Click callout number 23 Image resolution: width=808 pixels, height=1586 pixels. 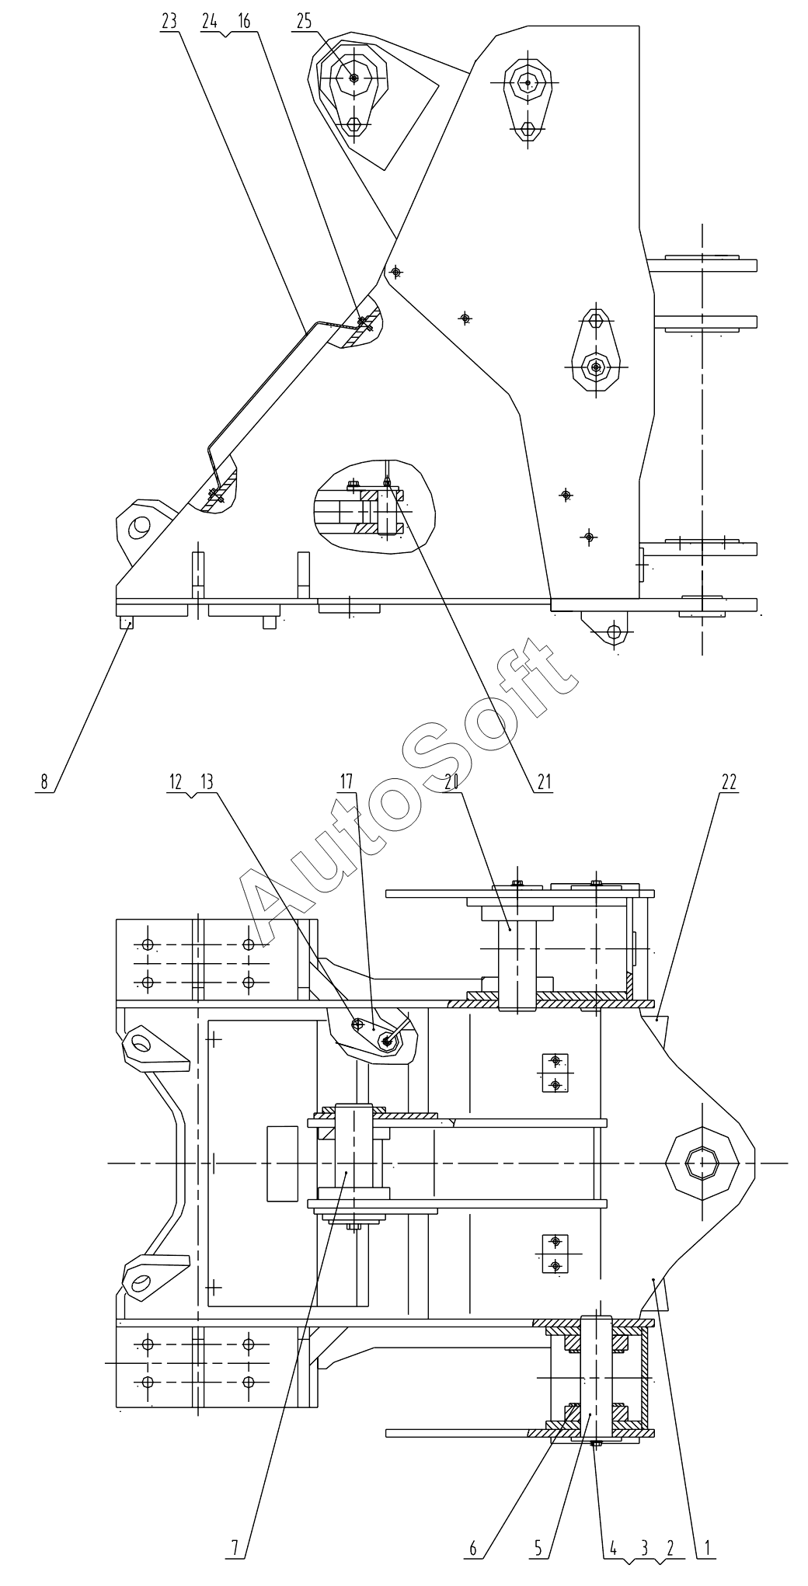click(x=169, y=21)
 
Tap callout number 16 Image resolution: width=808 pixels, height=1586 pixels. click(x=244, y=21)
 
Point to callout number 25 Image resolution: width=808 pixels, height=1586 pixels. click(x=304, y=21)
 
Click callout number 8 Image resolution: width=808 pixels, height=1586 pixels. click(x=44, y=781)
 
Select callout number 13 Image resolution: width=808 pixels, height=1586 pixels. click(x=206, y=781)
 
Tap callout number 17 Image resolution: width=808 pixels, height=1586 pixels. click(x=347, y=781)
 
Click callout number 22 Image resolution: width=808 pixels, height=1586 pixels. click(x=728, y=781)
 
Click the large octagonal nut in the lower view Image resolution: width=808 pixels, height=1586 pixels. click(x=702, y=1163)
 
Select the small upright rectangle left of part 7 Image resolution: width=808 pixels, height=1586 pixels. click(x=282, y=1163)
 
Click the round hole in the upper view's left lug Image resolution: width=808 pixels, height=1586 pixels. click(x=140, y=525)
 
